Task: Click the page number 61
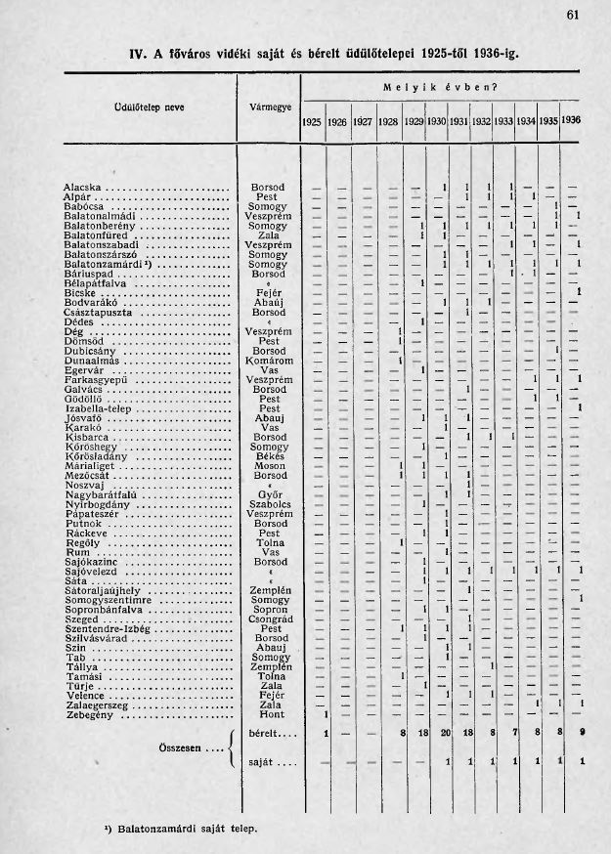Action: [x=573, y=14]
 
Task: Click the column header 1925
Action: [x=312, y=122]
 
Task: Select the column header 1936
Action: [x=572, y=121]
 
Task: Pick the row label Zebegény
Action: [x=89, y=714]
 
